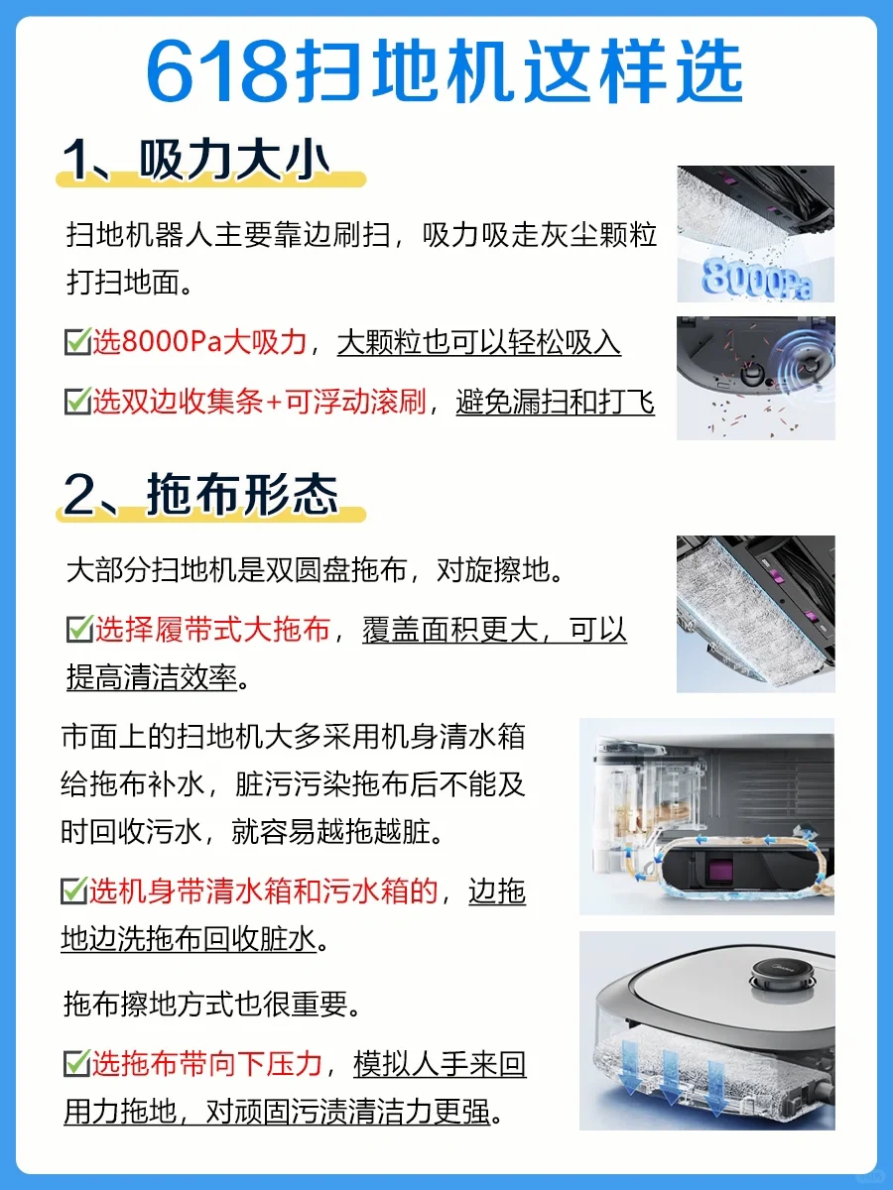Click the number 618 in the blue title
point(217,71)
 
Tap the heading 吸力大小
point(234,160)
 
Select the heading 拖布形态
point(242,495)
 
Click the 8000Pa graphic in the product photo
point(757,280)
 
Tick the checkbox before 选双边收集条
point(77,402)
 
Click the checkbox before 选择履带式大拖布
point(79,629)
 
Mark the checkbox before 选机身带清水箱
point(74,891)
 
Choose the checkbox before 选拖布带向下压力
point(76,1063)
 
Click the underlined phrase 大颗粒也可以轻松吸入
point(479,343)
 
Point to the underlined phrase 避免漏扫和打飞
point(556,402)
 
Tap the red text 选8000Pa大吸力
point(199,342)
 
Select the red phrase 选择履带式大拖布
point(212,630)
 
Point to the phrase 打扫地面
point(123,282)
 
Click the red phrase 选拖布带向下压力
point(206,1064)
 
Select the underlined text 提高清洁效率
point(153,677)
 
